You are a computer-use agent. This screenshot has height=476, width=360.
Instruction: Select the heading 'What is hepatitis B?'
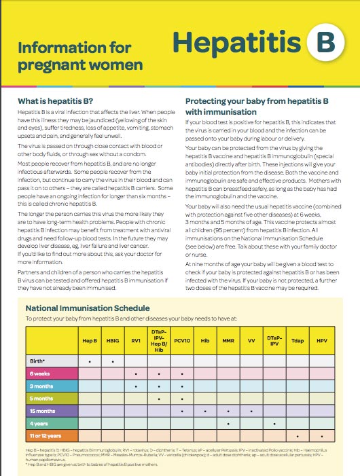tap(55, 101)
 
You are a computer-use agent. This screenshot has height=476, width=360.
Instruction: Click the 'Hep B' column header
tap(90, 338)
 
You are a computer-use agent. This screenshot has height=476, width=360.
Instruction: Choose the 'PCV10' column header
tap(181, 338)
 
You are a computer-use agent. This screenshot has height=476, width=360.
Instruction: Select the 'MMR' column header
tap(228, 338)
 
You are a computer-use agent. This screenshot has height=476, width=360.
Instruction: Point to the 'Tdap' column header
tap(297, 338)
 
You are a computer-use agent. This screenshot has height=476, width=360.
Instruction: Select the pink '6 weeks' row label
tap(39, 373)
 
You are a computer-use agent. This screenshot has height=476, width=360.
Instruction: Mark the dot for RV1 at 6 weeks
tap(136, 374)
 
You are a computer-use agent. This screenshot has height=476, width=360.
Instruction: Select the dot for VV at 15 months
tap(251, 411)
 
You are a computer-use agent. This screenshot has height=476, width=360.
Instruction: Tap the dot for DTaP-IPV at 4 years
tap(274, 424)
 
